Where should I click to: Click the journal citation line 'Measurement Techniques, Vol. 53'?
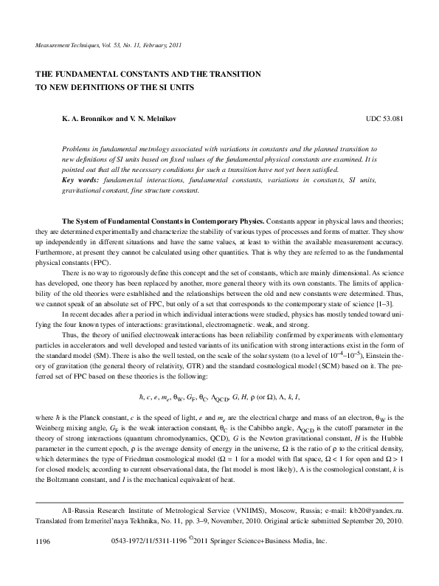pos(103,46)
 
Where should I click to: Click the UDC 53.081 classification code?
pos(384,118)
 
